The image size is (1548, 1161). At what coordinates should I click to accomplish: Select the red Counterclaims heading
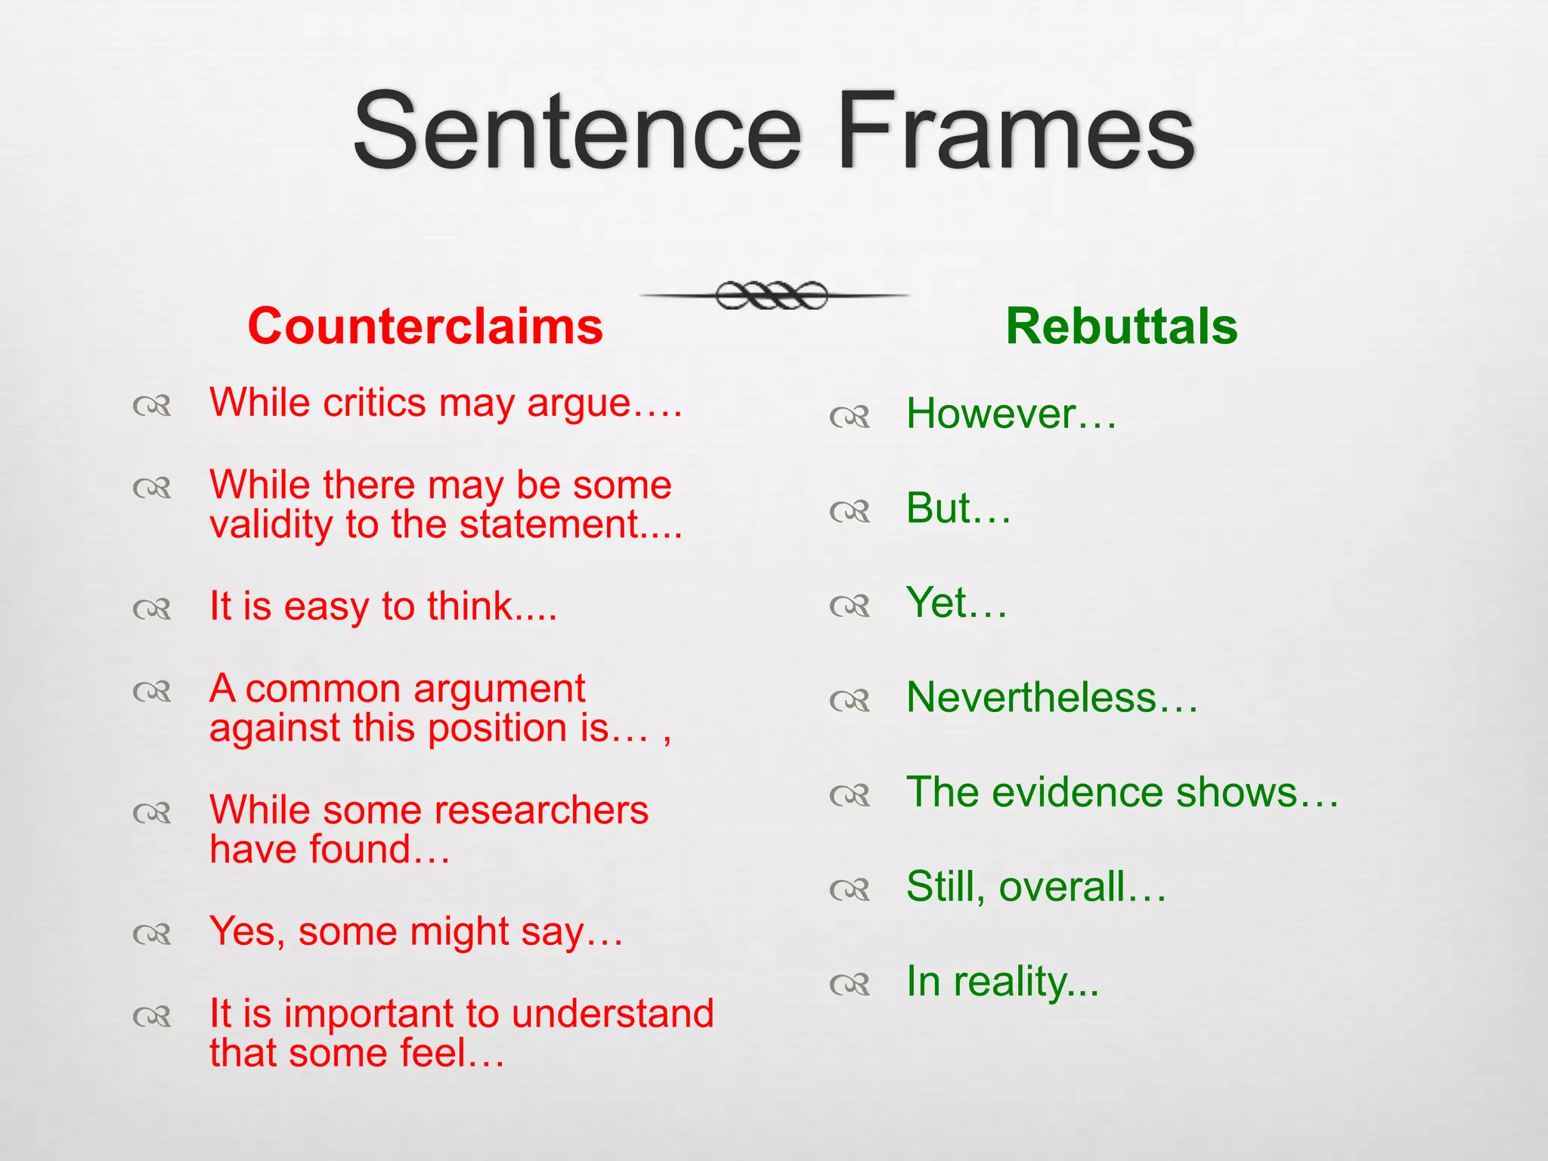[x=425, y=327]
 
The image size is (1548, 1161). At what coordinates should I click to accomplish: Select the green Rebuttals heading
[x=1121, y=327]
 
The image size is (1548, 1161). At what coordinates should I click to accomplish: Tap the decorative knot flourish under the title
[x=772, y=296]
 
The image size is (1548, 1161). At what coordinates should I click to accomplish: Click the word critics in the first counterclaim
[x=374, y=402]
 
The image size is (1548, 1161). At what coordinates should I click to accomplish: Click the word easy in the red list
[x=327, y=606]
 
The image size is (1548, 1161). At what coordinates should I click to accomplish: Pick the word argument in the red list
[x=499, y=689]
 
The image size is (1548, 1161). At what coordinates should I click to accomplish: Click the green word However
[x=991, y=414]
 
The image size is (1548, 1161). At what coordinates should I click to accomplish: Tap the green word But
[x=939, y=508]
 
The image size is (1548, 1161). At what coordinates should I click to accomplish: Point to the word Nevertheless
[x=1032, y=697]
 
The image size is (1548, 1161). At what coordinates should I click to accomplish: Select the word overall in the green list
[x=1062, y=887]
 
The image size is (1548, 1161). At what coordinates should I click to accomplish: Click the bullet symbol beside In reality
[x=850, y=984]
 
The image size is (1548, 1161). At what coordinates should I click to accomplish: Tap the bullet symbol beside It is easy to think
[x=152, y=608]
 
